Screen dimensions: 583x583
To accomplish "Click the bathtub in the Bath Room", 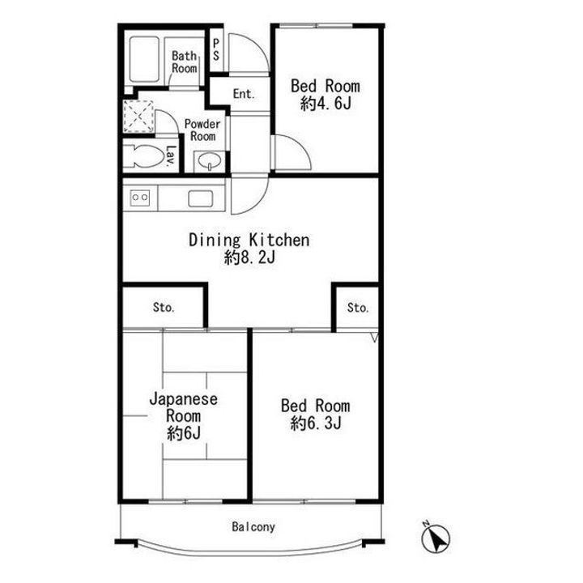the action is (x=144, y=59).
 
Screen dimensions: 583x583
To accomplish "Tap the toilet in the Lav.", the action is (x=143, y=156).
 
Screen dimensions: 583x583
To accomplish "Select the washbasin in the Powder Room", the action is (x=209, y=161).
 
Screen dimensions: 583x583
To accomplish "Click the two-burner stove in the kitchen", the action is (x=140, y=198).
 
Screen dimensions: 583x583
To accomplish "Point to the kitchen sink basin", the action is (x=201, y=199).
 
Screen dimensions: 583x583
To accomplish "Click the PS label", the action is (x=216, y=50).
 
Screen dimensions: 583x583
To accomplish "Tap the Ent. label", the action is (x=244, y=94).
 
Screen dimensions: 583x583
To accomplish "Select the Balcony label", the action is (x=253, y=526).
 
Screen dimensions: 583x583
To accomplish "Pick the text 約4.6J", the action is (x=326, y=104).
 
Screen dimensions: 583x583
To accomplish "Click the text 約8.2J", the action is (x=249, y=257).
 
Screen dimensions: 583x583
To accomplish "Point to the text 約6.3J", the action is (x=315, y=423).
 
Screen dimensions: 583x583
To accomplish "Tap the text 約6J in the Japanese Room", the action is (x=184, y=432).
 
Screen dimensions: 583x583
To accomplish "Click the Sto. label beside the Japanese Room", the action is (x=164, y=307).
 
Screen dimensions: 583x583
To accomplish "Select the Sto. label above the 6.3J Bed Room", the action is (x=358, y=307).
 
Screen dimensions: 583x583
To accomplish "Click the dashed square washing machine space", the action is (x=138, y=116).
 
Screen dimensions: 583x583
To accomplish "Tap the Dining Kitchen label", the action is (x=249, y=240).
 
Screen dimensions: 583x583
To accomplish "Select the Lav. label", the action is (x=171, y=155).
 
